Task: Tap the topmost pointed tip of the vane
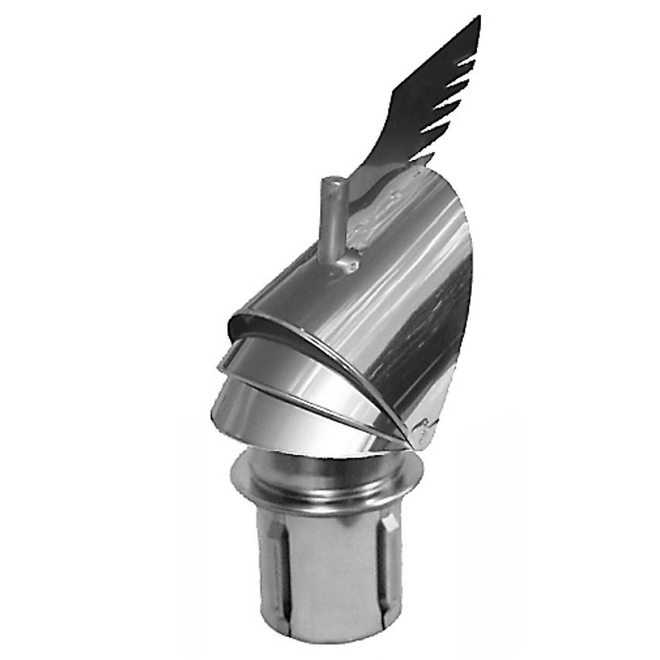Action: (478, 18)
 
